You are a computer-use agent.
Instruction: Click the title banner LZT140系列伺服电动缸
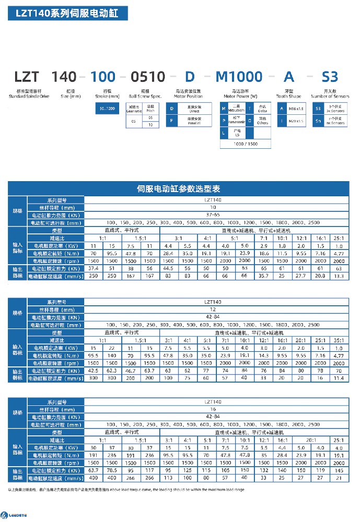(67, 14)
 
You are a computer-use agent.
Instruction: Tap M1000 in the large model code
(239, 77)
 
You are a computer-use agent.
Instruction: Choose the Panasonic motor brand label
(237, 121)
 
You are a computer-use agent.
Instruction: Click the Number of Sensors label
(330, 96)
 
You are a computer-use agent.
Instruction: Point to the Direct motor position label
(195, 109)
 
